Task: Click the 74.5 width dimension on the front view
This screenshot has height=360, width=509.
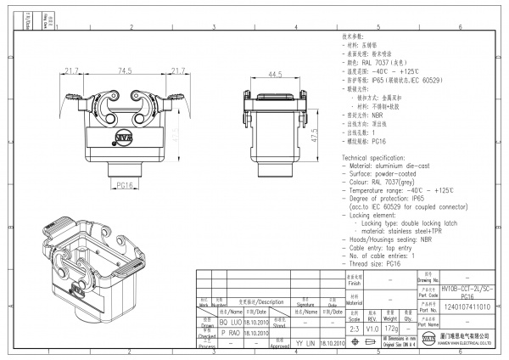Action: pyautogui.click(x=125, y=70)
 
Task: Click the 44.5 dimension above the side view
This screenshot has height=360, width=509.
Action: pyautogui.click(x=274, y=75)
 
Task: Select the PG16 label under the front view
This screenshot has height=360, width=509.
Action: pyautogui.click(x=124, y=184)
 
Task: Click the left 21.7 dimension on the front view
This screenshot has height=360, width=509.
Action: pyautogui.click(x=71, y=70)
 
